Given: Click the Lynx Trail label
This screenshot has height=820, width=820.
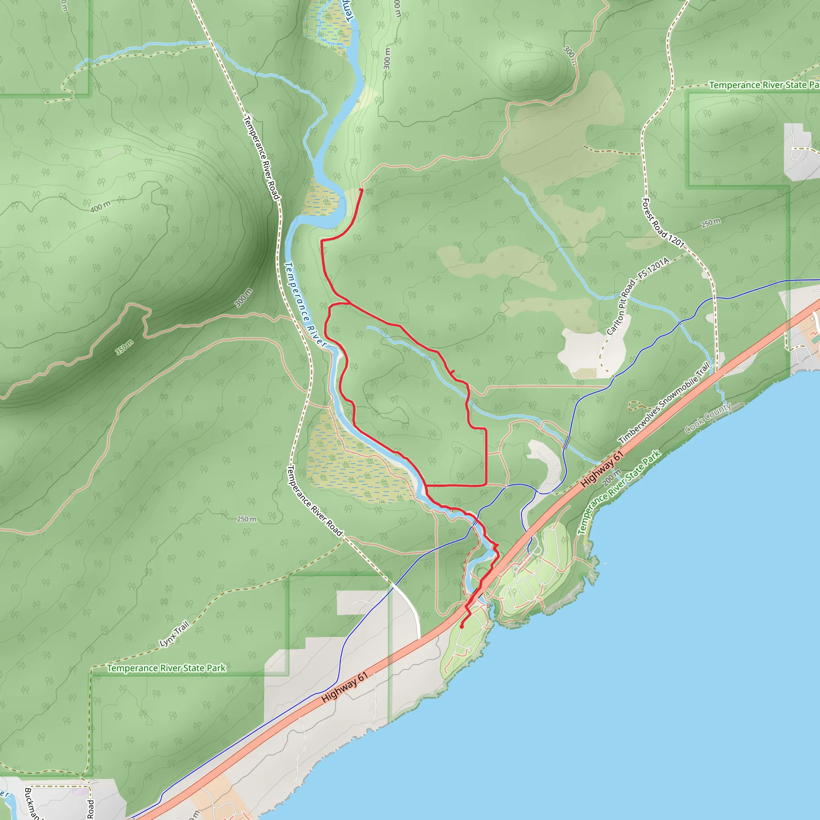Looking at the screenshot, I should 175,634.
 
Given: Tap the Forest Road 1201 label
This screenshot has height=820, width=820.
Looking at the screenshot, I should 663,223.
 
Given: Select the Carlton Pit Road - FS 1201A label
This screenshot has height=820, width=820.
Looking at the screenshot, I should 637,296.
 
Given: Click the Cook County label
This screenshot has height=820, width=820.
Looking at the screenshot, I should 708,418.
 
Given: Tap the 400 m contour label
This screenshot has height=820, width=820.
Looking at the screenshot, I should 100,207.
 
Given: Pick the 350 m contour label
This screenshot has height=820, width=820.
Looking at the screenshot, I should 125,348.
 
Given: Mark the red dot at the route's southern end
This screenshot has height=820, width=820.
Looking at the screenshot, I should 461,627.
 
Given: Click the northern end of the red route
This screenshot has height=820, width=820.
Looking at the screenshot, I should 361,189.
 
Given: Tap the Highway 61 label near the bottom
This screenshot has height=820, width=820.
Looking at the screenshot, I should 344,687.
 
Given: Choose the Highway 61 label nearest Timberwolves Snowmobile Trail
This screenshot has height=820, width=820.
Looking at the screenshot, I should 602,469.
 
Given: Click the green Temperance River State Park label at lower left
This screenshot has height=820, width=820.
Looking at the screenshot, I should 166,668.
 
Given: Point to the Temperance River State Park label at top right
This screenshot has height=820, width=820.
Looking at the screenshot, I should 764,85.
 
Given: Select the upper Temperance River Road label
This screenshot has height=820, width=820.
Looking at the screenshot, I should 261,157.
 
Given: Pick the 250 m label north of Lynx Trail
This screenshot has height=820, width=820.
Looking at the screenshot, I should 247,519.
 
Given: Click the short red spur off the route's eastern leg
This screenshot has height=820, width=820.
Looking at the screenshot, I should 452,372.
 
